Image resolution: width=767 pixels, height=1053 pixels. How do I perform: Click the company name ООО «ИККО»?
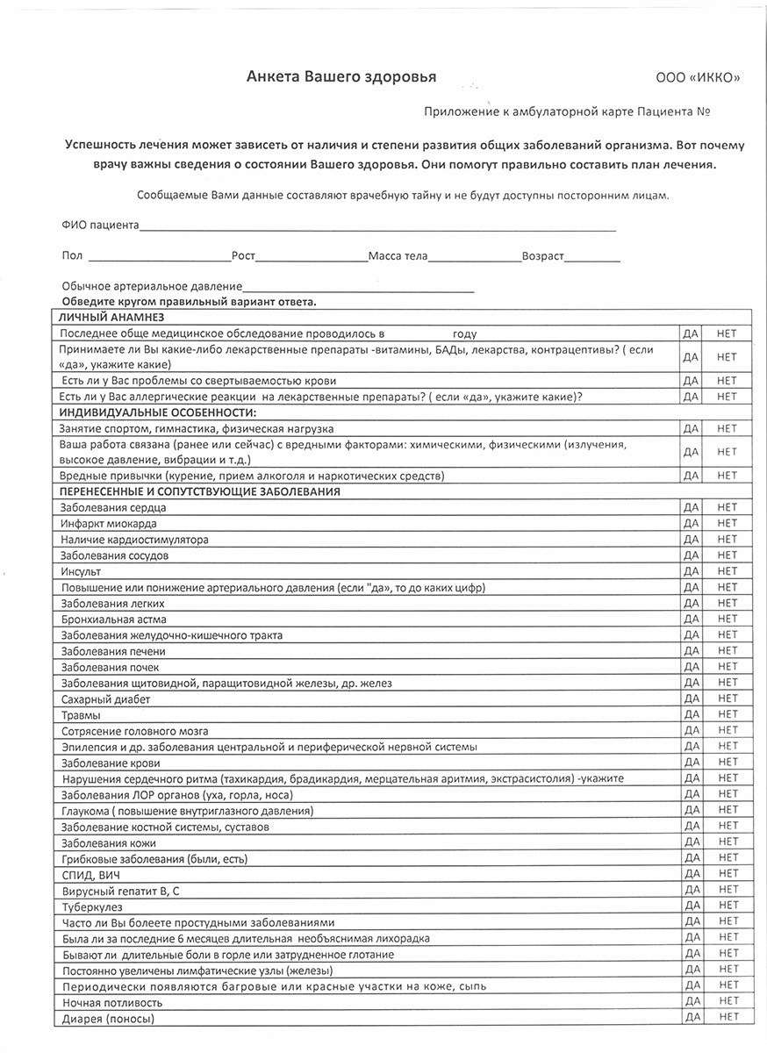(698, 78)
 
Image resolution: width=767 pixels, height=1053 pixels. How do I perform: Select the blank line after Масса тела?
(474, 259)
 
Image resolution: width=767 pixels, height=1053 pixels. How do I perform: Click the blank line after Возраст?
(592, 259)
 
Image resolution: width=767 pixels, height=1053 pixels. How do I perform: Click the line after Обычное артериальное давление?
(358, 289)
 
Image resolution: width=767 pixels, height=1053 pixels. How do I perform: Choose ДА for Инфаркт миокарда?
(691, 523)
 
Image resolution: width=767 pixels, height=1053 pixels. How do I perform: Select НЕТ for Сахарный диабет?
(728, 698)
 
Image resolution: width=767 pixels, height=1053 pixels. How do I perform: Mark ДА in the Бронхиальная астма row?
(691, 619)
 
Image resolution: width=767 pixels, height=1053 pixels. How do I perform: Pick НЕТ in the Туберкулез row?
(728, 906)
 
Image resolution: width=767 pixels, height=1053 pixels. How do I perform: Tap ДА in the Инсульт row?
(691, 571)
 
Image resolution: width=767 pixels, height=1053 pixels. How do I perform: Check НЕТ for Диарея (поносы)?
(728, 1017)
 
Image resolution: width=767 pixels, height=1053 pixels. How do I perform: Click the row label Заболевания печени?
(113, 651)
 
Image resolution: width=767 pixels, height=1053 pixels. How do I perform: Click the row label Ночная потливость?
(112, 1002)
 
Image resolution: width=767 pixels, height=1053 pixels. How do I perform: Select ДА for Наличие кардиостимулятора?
(691, 539)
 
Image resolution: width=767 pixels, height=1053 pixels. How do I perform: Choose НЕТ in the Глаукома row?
(728, 810)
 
